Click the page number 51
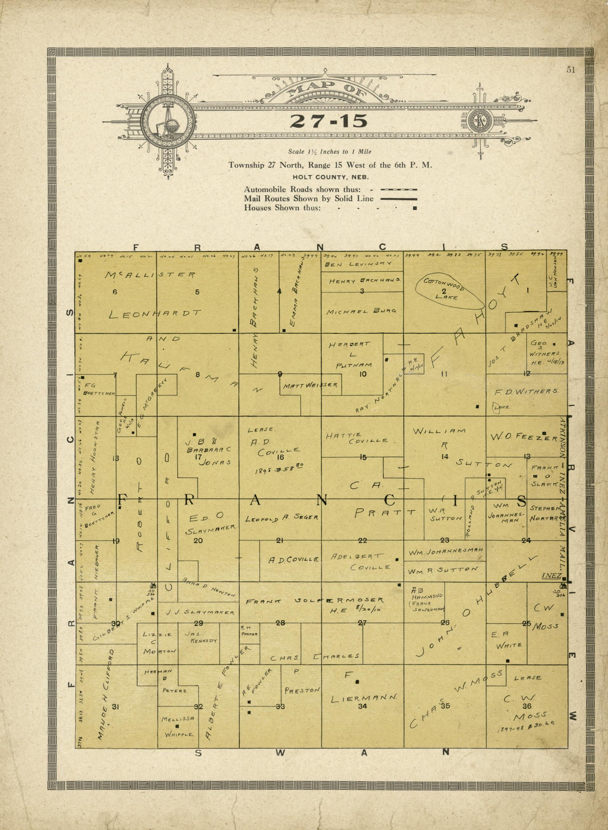(x=571, y=70)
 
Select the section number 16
(x=280, y=457)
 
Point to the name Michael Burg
(x=361, y=311)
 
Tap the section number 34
(x=362, y=706)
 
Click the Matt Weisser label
(x=310, y=386)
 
